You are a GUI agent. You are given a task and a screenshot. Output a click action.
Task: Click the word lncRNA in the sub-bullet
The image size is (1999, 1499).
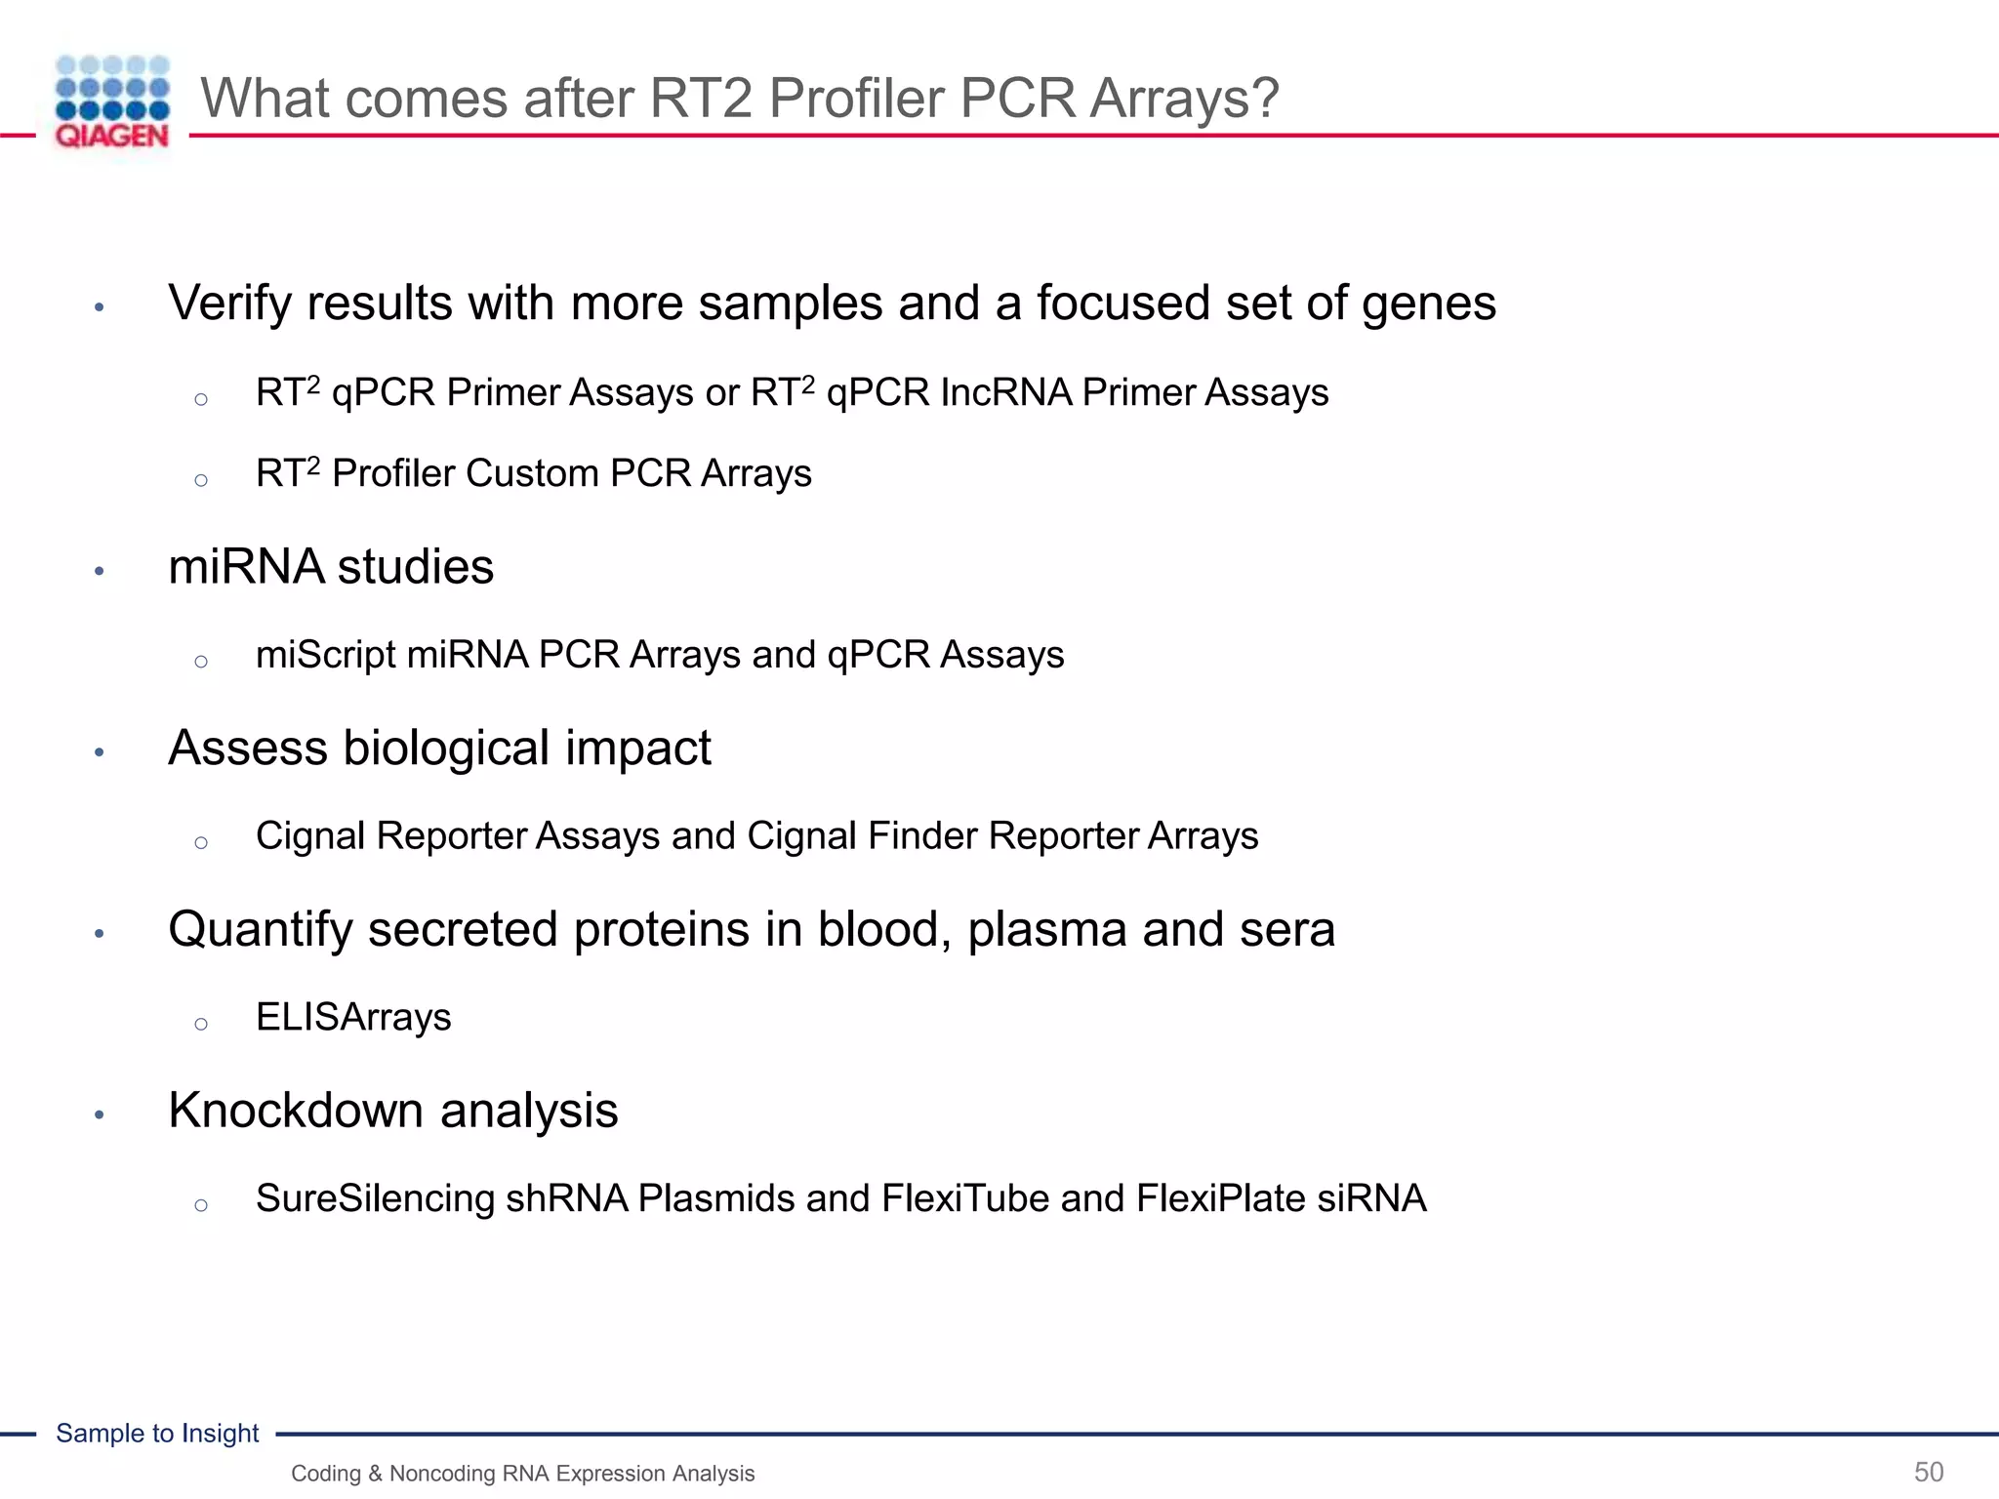pos(1005,393)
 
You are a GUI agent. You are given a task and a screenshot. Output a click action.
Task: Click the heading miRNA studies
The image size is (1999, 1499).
pos(331,568)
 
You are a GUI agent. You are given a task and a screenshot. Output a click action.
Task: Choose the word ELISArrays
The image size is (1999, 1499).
pos(353,1018)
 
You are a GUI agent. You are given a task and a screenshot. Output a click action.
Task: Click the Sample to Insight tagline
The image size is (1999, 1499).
pos(157,1434)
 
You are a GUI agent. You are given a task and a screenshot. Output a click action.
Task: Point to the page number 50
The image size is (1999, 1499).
pos(1928,1472)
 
